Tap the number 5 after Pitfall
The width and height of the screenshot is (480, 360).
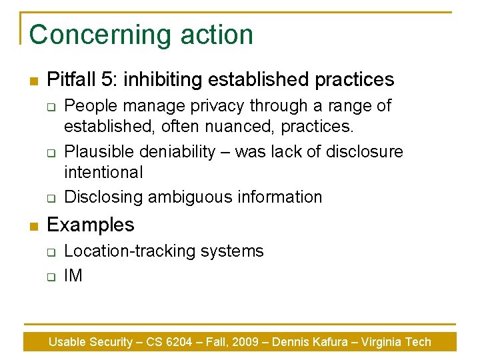point(108,80)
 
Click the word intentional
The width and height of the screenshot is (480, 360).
point(103,172)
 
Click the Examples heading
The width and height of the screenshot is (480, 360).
point(91,225)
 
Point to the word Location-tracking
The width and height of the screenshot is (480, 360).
point(126,251)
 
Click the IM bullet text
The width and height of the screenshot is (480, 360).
point(73,275)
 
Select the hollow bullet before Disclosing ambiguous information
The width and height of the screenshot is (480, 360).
point(50,198)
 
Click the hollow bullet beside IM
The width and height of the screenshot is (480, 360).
point(50,277)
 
